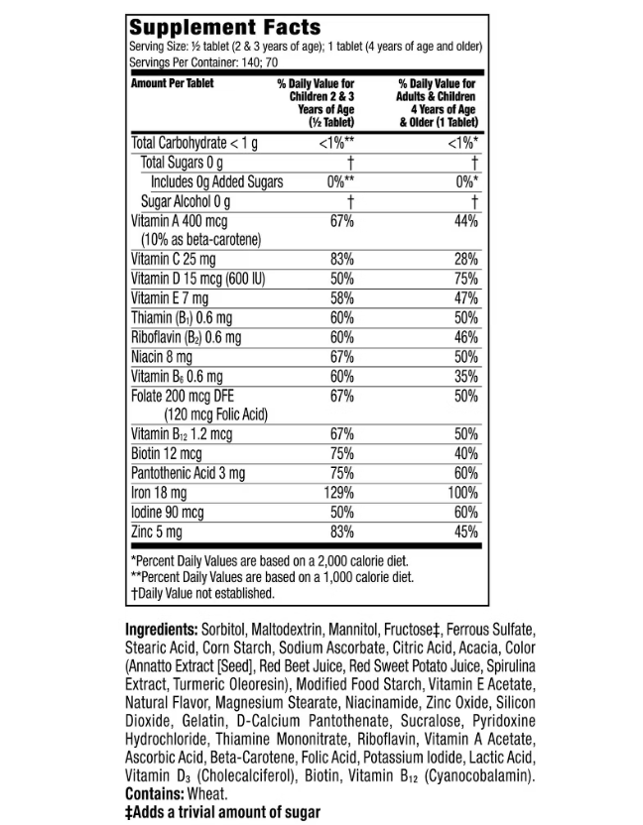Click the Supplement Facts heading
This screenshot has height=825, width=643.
click(x=226, y=27)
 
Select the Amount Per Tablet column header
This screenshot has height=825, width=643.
click(x=173, y=83)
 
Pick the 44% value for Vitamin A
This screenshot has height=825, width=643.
click(x=466, y=220)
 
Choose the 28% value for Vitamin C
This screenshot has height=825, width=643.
click(x=466, y=259)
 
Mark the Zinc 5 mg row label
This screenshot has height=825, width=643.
click(x=157, y=531)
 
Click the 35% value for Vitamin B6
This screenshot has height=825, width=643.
click(x=466, y=376)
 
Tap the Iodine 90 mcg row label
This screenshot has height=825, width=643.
click(x=167, y=512)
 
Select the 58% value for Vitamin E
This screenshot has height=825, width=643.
click(x=342, y=297)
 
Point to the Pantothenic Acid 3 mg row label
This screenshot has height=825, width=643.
click(x=188, y=472)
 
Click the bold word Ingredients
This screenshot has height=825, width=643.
click(x=161, y=630)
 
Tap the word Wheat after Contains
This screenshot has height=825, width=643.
click(x=208, y=793)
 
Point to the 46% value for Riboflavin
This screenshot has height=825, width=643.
click(x=466, y=337)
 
